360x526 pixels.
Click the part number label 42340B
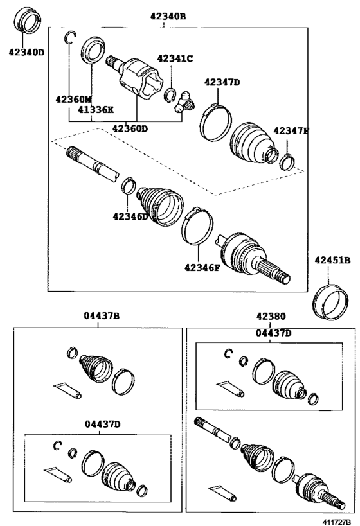pyautogui.click(x=165, y=16)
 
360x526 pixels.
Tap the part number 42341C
pyautogui.click(x=176, y=59)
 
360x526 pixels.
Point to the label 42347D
pyautogui.click(x=222, y=82)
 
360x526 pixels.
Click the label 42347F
pyautogui.click(x=291, y=131)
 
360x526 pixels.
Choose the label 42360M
pyautogui.click(x=73, y=100)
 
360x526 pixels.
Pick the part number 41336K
pyautogui.click(x=96, y=110)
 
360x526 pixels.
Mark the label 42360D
pyautogui.click(x=130, y=128)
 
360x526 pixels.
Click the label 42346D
pyautogui.click(x=130, y=216)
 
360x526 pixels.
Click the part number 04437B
pyautogui.click(x=101, y=315)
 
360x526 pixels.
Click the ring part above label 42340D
pyautogui.click(x=29, y=21)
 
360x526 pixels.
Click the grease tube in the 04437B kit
pyautogui.click(x=67, y=390)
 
